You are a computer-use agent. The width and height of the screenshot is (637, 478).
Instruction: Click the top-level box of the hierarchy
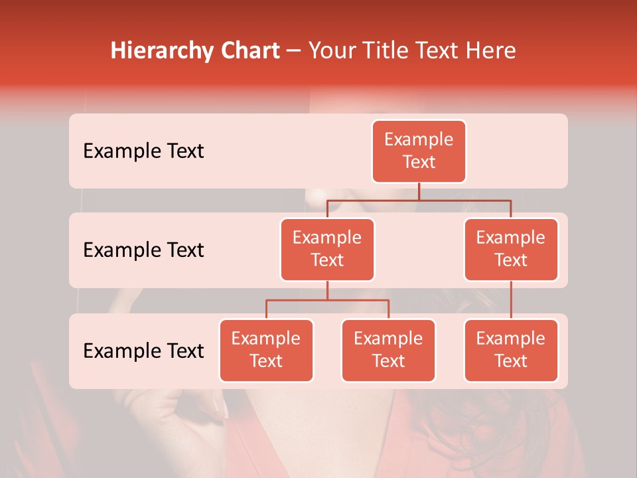click(x=419, y=151)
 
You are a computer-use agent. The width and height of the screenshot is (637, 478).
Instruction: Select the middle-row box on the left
click(x=327, y=249)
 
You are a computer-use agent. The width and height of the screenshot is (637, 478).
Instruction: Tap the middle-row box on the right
click(x=511, y=249)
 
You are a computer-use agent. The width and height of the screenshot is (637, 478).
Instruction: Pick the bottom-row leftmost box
click(x=266, y=350)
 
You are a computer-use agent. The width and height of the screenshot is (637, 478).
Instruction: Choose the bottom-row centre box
click(x=388, y=350)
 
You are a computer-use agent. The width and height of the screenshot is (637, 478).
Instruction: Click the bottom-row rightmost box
click(x=511, y=350)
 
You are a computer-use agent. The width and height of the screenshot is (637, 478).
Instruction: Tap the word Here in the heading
click(x=490, y=51)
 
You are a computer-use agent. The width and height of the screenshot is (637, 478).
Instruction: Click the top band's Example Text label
click(x=143, y=151)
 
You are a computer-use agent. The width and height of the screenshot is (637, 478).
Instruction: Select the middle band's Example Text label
click(x=143, y=250)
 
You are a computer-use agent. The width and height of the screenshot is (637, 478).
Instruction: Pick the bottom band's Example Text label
click(x=143, y=351)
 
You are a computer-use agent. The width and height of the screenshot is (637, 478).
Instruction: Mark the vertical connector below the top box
click(x=419, y=191)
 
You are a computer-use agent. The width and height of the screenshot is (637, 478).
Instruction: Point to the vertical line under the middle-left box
click(x=327, y=290)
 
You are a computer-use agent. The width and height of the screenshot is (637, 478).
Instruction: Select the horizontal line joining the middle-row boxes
click(x=419, y=200)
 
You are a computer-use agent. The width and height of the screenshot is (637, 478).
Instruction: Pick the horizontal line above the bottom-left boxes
click(x=327, y=300)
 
